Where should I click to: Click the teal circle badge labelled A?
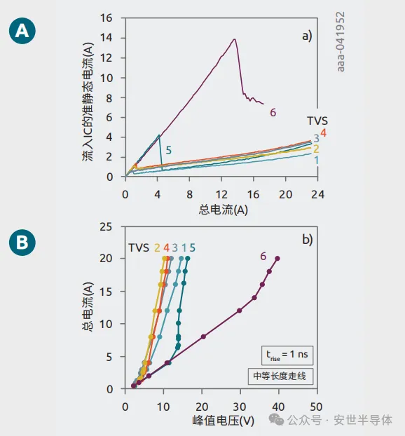click(22, 32)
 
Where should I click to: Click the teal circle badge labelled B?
click(22, 243)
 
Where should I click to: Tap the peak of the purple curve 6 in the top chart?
click(235, 39)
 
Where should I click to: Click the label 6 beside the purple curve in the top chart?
click(273, 112)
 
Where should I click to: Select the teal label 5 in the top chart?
click(168, 149)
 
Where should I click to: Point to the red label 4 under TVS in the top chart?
click(323, 133)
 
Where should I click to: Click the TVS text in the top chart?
click(317, 120)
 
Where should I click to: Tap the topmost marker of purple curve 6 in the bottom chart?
click(277, 259)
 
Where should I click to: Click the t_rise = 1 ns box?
click(284, 355)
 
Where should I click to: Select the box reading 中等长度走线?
click(284, 375)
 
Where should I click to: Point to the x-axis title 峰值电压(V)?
click(223, 422)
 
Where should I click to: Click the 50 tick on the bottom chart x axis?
click(316, 406)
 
